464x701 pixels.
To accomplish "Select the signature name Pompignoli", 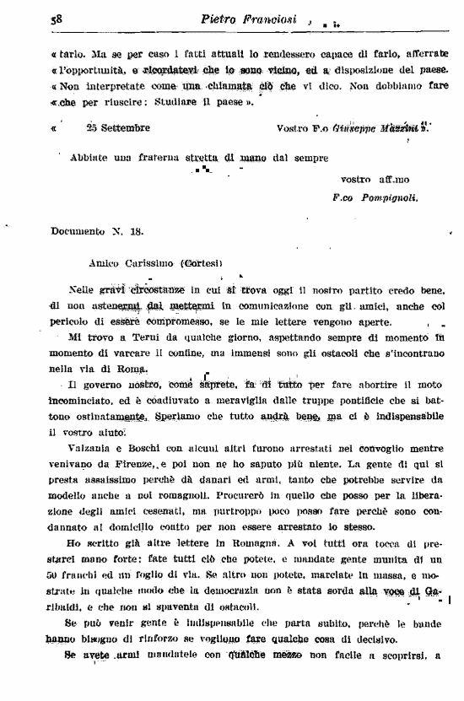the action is pyautogui.click(x=387, y=200).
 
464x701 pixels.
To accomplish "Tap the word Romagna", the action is pyautogui.click(x=269, y=544).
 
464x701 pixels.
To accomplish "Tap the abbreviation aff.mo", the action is pyautogui.click(x=362, y=180).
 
